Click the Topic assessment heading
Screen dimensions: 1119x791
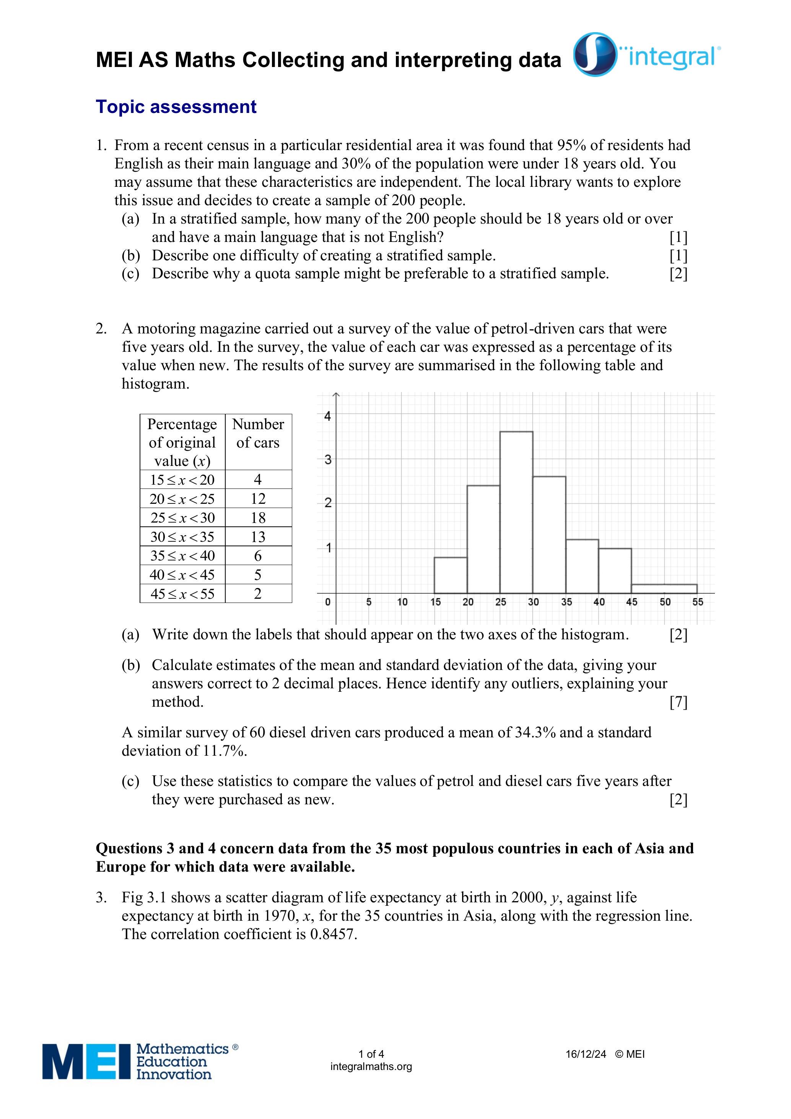(x=176, y=107)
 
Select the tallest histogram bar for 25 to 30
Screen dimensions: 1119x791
(x=516, y=512)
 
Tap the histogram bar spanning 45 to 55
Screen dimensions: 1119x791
(x=664, y=589)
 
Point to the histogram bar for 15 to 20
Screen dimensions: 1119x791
(x=451, y=575)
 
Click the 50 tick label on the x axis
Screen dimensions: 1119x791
(x=665, y=602)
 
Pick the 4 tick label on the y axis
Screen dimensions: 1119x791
(x=327, y=416)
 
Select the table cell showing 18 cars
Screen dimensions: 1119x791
(x=258, y=518)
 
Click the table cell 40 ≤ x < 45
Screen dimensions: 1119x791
(x=182, y=575)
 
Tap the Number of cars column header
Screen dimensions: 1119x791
(x=258, y=433)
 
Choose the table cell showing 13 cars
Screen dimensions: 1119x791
(x=258, y=537)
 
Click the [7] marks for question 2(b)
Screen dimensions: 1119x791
(x=678, y=702)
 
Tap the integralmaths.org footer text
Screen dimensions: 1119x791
(x=371, y=1067)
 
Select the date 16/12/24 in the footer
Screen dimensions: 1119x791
(x=586, y=1054)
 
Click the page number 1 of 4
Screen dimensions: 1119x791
(x=371, y=1054)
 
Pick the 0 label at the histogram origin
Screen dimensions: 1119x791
(x=327, y=602)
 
